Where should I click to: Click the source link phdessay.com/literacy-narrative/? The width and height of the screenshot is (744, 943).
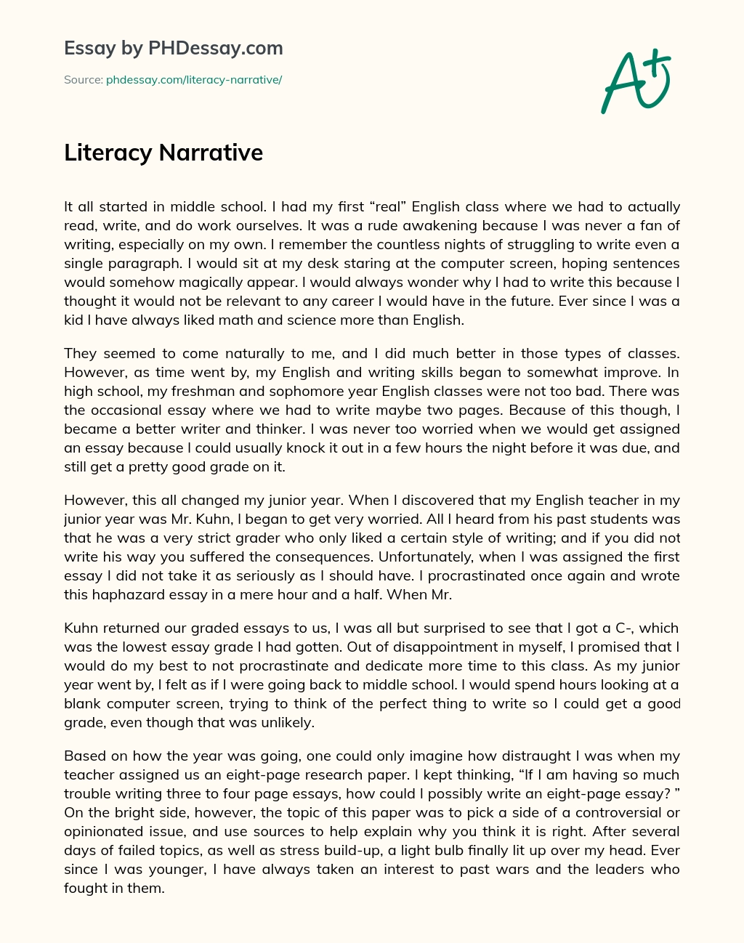[x=194, y=80]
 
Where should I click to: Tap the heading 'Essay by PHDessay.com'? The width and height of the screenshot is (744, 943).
[x=174, y=49]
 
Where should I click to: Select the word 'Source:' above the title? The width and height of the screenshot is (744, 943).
[x=83, y=80]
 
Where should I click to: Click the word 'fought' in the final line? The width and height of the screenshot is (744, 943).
[x=84, y=888]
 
